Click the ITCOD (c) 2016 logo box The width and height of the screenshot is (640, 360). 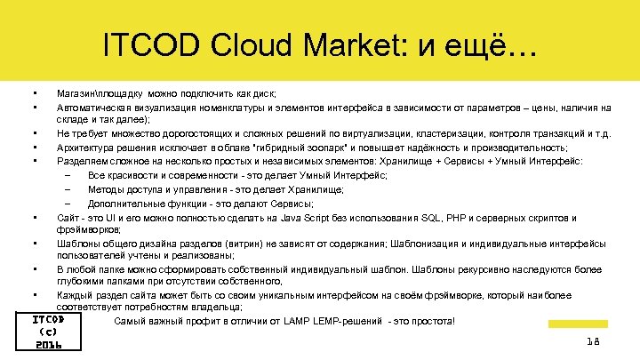(x=48, y=332)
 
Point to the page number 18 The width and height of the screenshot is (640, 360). (x=593, y=341)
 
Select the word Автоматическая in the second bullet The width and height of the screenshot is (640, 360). (x=94, y=108)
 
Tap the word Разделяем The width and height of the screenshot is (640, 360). (x=81, y=161)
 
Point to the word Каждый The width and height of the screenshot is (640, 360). (x=76, y=294)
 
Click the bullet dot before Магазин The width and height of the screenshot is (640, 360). (x=33, y=92)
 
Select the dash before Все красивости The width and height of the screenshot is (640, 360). (x=68, y=175)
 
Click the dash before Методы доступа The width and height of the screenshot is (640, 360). (x=68, y=188)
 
